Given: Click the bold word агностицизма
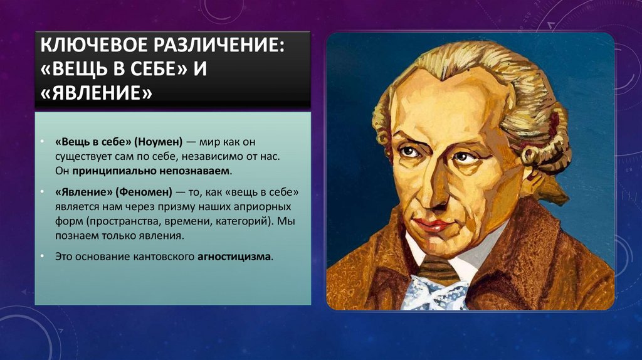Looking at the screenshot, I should [236, 257].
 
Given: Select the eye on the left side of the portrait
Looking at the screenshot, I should [410, 152].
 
